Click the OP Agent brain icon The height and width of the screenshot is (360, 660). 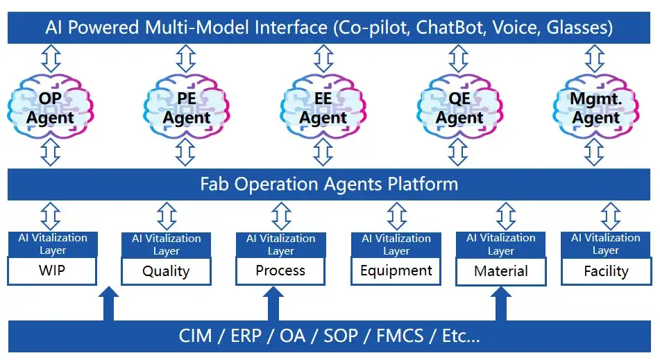coord(51,107)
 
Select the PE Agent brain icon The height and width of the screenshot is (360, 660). coord(187,107)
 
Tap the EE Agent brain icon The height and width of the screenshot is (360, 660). coord(323,107)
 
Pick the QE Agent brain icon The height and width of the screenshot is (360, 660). coord(459,107)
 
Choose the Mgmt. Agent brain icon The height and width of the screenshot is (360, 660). coord(596,107)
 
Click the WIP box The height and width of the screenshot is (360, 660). coord(52,271)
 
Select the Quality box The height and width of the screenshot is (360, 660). coord(167,271)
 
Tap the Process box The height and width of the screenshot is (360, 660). coord(280,271)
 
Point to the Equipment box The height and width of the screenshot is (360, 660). coord(396,271)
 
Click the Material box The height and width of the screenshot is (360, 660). coord(501,271)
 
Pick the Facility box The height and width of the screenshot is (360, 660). coord(606,271)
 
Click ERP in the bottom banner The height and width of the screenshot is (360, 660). coord(246,336)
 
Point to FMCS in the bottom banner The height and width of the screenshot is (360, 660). coord(400,336)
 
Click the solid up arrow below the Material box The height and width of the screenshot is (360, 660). coord(501,304)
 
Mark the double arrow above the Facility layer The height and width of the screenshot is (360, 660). coord(611,216)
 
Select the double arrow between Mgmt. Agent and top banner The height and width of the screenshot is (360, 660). coord(595,59)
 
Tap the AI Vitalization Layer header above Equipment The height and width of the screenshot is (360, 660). coord(396,245)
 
